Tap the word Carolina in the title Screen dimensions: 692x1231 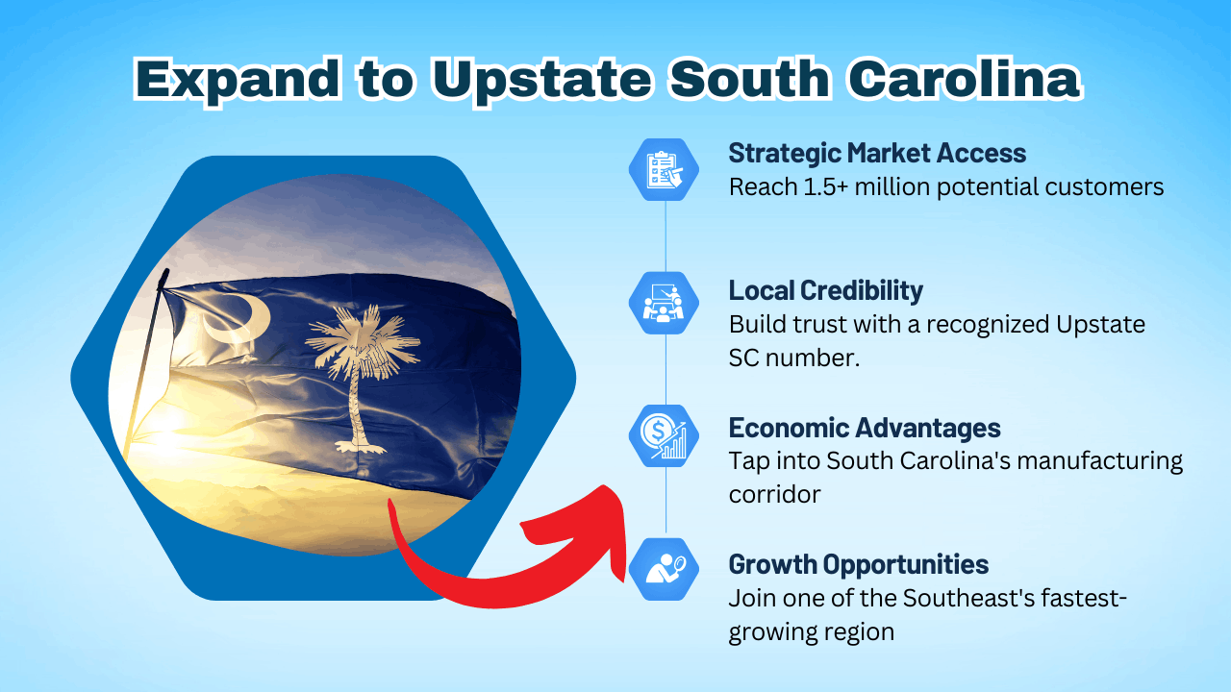point(964,79)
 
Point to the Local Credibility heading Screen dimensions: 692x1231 point(825,290)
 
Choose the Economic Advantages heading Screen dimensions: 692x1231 point(865,428)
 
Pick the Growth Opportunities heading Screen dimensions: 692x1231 point(859,563)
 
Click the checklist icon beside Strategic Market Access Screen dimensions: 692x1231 point(665,169)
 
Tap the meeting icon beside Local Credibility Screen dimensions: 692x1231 point(665,302)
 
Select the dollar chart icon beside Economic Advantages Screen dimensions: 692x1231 point(665,435)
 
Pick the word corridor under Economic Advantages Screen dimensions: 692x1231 point(774,495)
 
